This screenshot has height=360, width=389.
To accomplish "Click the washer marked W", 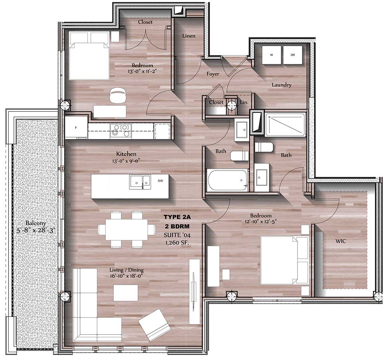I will tap(271, 55).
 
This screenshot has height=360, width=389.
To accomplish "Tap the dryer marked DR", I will tap(293, 55).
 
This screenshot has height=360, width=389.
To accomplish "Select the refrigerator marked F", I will tap(76, 127).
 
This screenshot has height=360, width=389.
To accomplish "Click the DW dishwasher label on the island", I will tap(160, 180).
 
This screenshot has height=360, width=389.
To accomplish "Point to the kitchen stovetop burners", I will tap(120, 130).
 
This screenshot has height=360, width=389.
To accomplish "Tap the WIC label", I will tap(340, 241).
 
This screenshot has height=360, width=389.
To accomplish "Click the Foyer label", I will tap(213, 74).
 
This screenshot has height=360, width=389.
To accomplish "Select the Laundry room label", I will tap(281, 85).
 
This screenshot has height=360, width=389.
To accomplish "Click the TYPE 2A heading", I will tap(177, 217).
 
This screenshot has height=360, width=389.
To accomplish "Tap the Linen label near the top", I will tap(189, 36).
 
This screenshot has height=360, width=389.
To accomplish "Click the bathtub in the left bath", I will tap(227, 179).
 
